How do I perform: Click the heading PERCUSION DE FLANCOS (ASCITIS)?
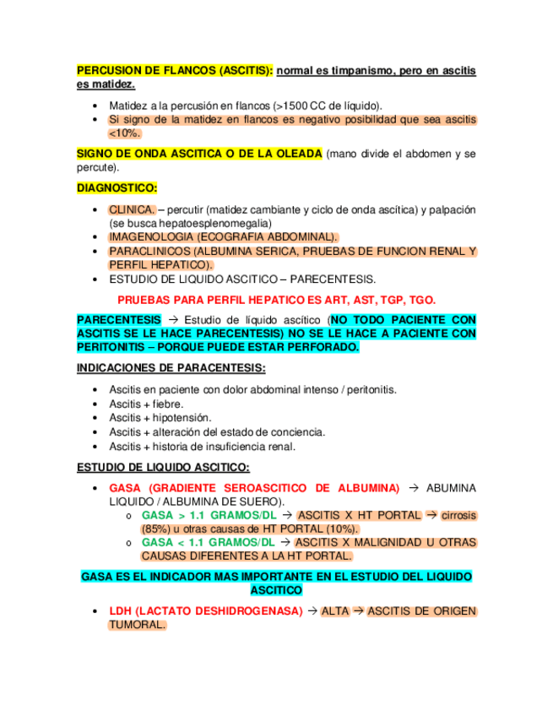click(x=175, y=72)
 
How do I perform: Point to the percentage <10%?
click(x=124, y=133)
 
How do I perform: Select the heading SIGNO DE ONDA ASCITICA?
click(x=198, y=154)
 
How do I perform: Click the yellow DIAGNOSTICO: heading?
click(x=117, y=188)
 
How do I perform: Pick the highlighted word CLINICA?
click(x=132, y=209)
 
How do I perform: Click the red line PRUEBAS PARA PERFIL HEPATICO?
click(x=276, y=300)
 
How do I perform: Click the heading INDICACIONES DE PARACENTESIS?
click(x=171, y=368)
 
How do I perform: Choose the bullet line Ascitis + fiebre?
click(x=146, y=404)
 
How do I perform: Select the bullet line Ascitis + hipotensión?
click(x=160, y=417)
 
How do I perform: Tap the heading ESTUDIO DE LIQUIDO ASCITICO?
click(x=163, y=467)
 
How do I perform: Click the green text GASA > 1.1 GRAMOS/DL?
click(x=208, y=515)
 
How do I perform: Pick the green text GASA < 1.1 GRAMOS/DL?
click(x=208, y=542)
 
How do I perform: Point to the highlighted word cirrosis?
click(x=459, y=515)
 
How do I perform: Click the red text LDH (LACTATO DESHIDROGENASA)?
click(x=205, y=611)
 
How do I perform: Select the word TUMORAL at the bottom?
click(x=136, y=625)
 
